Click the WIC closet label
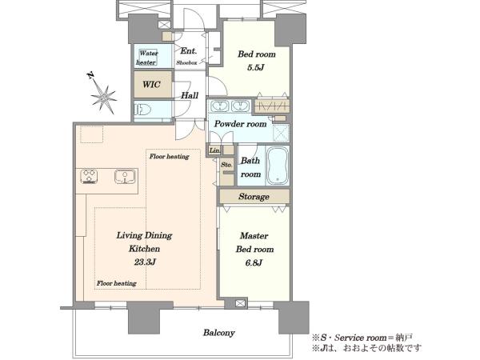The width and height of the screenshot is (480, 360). click(151, 84)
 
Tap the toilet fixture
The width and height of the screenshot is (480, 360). click(142, 110)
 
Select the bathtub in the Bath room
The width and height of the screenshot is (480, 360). click(278, 166)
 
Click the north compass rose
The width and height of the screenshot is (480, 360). click(103, 95)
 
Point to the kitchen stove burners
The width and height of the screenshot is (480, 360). click(89, 176)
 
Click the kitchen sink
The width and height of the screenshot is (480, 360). click(125, 176)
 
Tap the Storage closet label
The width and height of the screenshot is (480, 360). click(254, 197)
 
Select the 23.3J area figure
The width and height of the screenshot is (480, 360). click(145, 262)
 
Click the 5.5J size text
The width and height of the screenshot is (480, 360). click(256, 67)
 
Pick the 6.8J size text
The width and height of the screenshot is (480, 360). click(254, 262)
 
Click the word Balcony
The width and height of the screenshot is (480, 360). click(219, 333)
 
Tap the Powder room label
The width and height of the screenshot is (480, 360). click(240, 124)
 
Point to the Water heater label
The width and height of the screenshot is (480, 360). click(147, 58)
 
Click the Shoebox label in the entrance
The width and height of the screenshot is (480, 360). click(186, 62)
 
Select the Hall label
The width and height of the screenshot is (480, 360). click(190, 95)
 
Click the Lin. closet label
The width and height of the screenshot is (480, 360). click(214, 150)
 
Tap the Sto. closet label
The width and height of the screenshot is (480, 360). click(226, 165)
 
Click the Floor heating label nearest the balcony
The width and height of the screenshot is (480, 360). click(117, 283)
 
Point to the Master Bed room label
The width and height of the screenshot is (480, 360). click(254, 242)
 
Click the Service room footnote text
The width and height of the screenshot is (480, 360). click(354, 338)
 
